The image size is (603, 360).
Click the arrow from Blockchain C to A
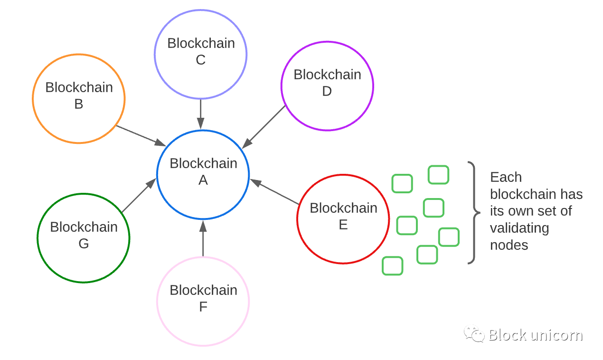point(200,114)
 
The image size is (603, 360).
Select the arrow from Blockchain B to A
point(141,136)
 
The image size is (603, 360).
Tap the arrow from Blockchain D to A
point(264,127)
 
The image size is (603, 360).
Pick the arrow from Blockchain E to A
point(274,191)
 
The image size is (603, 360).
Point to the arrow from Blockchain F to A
point(203,238)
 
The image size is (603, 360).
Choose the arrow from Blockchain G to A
point(139,195)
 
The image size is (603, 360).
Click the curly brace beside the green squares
point(475,213)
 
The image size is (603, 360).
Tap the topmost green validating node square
point(438,175)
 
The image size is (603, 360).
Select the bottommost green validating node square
point(392,266)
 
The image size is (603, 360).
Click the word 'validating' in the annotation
point(519,228)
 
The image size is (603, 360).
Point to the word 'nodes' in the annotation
point(509,245)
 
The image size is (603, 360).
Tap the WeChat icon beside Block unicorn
point(474,334)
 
